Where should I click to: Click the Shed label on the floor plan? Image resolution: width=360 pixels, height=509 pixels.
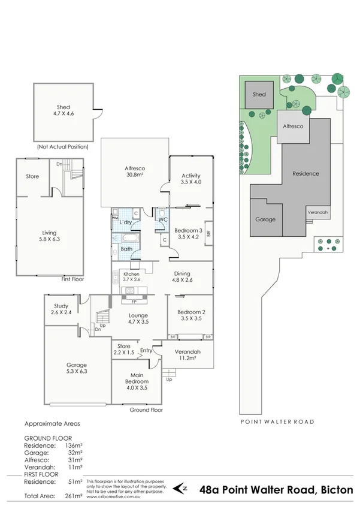63,111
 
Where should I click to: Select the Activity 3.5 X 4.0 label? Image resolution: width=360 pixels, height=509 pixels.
191,179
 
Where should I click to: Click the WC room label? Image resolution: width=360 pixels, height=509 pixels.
162,219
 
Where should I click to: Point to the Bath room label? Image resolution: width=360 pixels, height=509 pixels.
126,249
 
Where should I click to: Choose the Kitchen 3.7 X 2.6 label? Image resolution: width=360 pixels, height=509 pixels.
131,276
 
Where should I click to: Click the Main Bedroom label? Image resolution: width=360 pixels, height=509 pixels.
137,381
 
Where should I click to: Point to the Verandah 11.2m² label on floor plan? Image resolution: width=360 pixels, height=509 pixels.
187,354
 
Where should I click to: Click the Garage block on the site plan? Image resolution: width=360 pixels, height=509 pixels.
265,219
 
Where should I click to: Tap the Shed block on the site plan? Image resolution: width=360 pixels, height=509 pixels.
259,95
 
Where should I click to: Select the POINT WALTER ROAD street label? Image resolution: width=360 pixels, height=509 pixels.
277,422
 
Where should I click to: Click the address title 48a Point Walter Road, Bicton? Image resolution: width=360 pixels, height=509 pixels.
276,489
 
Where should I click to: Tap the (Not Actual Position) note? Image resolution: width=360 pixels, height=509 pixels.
63,146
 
